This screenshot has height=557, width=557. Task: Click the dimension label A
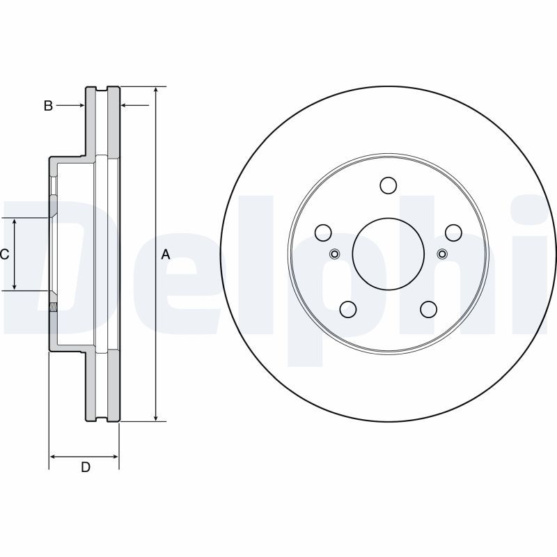166,254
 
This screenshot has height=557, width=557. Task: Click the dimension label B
48,106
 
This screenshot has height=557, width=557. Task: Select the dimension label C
4,254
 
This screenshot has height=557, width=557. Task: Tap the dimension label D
86,467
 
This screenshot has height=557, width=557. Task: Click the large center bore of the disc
389,253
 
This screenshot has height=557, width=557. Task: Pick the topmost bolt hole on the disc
389,185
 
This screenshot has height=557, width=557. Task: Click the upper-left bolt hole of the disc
323,233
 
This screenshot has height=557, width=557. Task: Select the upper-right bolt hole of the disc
454,233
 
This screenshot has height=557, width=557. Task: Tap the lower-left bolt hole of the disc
348,309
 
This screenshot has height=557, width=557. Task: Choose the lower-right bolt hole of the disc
429,309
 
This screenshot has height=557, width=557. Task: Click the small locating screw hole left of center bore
335,254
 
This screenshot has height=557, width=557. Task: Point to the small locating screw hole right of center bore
442,254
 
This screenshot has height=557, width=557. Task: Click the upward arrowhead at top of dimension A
155,91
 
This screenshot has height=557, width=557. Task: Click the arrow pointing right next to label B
70,105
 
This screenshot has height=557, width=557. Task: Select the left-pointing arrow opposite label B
135,105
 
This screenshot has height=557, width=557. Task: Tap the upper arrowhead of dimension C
15,222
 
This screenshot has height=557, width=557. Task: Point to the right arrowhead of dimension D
114,457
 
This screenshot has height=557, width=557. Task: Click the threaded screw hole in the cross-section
53,307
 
